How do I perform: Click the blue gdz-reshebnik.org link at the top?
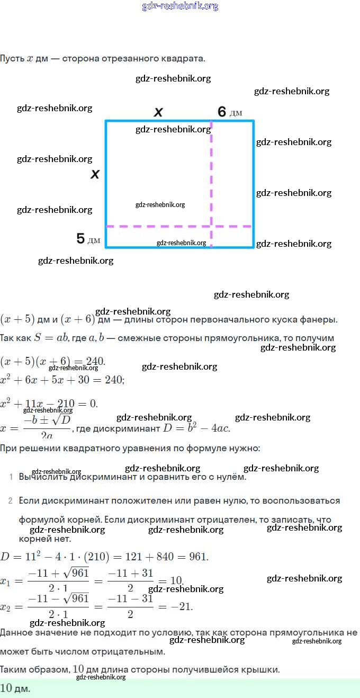(x=180, y=6)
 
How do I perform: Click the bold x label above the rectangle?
(x=158, y=112)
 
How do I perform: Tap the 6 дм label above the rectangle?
(x=230, y=112)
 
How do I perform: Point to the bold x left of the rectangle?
(x=95, y=174)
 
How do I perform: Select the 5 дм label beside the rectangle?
(x=88, y=239)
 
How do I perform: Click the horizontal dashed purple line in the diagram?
(x=159, y=226)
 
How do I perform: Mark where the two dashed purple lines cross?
(x=211, y=226)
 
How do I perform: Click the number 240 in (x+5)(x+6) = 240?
(x=95, y=362)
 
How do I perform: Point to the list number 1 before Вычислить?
(x=11, y=477)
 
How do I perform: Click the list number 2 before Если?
(x=11, y=500)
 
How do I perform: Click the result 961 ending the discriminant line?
(x=198, y=557)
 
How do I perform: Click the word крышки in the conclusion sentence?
(x=262, y=669)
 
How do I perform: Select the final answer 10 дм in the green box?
(x=15, y=688)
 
